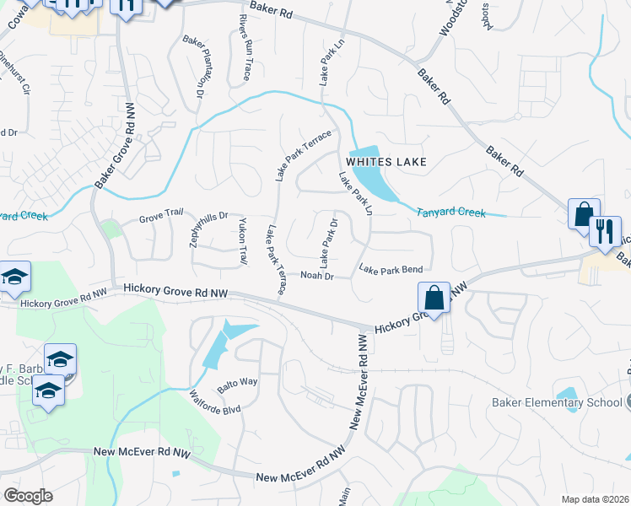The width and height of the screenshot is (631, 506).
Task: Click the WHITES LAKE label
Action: (x=385, y=161)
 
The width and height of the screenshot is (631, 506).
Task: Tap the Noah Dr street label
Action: (x=318, y=276)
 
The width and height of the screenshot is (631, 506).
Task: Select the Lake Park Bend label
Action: (x=391, y=270)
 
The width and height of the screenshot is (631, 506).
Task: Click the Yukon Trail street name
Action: (x=243, y=242)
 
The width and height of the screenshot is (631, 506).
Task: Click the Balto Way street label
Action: (x=237, y=385)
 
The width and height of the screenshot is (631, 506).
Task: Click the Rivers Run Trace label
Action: (x=245, y=47)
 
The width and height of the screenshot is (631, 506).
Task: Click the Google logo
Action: (x=28, y=495)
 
